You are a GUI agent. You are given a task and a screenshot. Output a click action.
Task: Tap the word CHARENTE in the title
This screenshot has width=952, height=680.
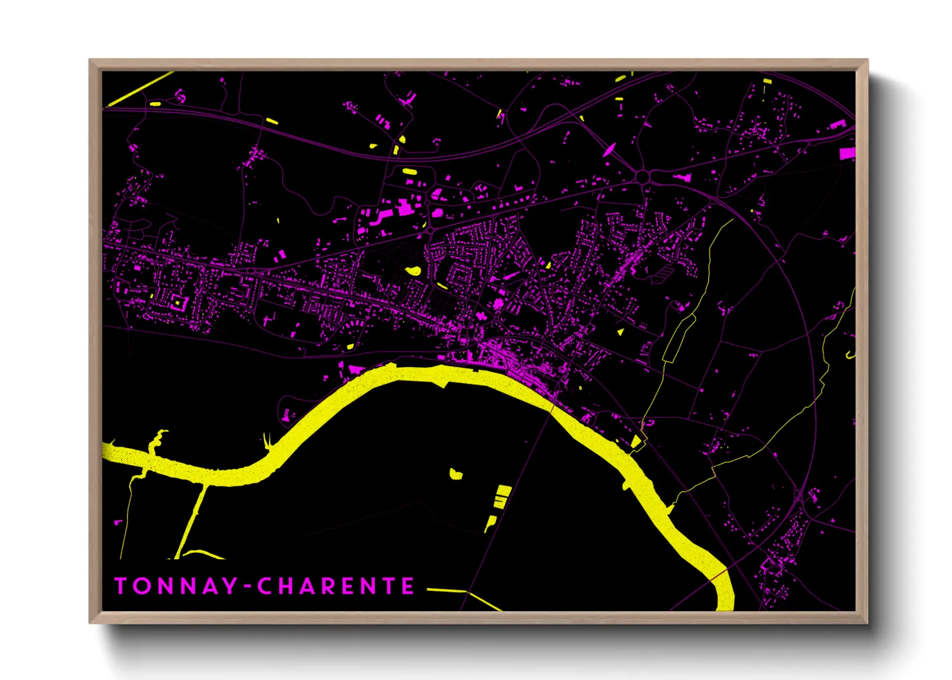pyautogui.click(x=336, y=586)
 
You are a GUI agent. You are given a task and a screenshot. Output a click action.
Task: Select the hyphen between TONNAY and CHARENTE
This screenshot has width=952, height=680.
pyautogui.click(x=247, y=587)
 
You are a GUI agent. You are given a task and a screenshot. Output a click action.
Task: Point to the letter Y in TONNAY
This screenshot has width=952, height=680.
pyautogui.click(x=229, y=586)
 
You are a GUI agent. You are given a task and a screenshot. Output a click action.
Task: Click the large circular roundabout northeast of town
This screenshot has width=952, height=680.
pyautogui.click(x=643, y=175)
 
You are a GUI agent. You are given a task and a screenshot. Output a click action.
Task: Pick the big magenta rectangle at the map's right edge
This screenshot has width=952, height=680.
pyautogui.click(x=847, y=153)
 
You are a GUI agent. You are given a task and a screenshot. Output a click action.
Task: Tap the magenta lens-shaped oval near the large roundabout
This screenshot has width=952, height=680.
pyautogui.click(x=609, y=150)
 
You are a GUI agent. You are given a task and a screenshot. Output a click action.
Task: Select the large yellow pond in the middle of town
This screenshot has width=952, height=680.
pyautogui.click(x=414, y=271)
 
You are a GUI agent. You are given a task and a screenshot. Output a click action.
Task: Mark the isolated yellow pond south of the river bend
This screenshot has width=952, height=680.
pyautogui.click(x=456, y=475)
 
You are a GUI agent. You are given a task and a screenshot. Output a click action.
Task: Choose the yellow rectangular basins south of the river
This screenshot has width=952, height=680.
pyautogui.click(x=502, y=496)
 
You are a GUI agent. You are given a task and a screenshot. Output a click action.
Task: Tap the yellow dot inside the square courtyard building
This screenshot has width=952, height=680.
pyautogui.click(x=176, y=301)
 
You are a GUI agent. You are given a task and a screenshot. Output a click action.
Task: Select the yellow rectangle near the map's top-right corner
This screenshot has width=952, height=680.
pyautogui.click(x=767, y=81)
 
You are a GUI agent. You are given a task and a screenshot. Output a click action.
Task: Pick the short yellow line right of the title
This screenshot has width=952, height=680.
pyautogui.click(x=445, y=589)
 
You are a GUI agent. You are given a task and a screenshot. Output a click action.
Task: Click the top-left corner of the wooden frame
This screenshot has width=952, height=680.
pyautogui.click(x=91, y=62)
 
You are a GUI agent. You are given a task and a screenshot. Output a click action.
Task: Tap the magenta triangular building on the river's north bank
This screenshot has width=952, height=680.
pyautogui.click(x=354, y=370)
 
